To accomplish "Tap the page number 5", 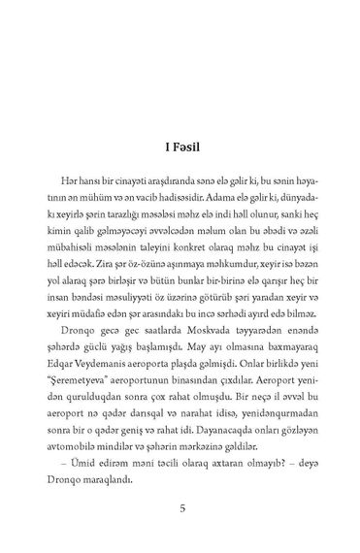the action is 181,506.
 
